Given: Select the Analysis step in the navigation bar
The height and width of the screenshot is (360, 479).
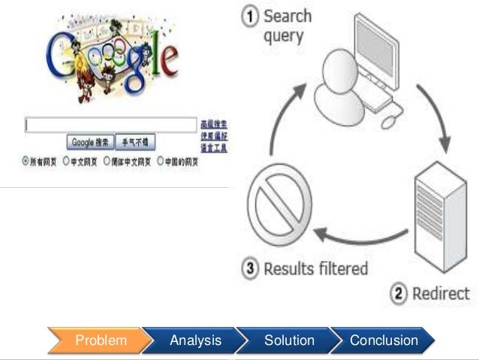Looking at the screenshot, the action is [x=195, y=340].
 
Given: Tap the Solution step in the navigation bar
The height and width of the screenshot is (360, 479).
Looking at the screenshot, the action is [x=289, y=340].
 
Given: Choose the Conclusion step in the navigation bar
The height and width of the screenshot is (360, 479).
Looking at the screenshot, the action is [x=384, y=340].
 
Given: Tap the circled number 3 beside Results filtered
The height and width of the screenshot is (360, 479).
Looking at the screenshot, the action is [x=252, y=268].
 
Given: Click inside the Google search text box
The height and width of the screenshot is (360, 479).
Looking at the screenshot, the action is [x=110, y=125].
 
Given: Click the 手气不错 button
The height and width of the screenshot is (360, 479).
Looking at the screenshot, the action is [x=137, y=141].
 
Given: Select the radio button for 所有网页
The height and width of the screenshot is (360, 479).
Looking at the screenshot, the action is [x=26, y=160].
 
